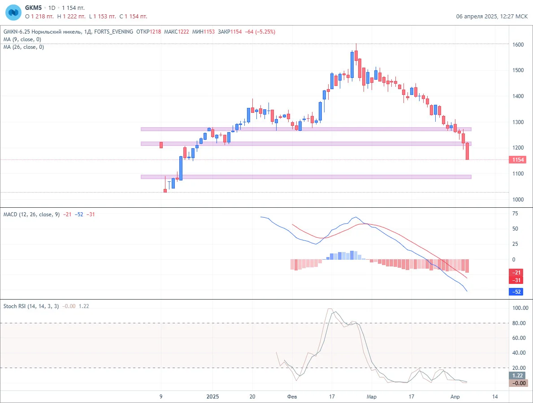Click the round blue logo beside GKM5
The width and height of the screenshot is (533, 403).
[x=13, y=13]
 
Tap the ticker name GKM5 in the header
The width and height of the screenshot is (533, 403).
[x=33, y=8]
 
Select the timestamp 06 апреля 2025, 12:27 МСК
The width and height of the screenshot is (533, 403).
[x=492, y=16]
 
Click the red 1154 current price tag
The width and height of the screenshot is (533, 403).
[x=518, y=159]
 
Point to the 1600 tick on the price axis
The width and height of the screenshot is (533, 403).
[x=518, y=44]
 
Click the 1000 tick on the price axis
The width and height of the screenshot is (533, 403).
[x=518, y=199]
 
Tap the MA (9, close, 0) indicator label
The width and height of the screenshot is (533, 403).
[x=22, y=39]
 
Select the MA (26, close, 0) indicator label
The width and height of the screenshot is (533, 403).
[x=23, y=47]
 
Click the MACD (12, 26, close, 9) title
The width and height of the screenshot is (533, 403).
[x=32, y=214]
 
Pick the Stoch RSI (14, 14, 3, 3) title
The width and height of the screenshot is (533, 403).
[x=31, y=306]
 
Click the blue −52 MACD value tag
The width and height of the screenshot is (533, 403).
[x=516, y=292]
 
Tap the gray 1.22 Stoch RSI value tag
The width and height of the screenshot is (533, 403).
[x=517, y=376]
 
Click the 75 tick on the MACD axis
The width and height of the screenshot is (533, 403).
[x=516, y=214]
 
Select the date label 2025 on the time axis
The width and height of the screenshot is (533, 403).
[x=213, y=397]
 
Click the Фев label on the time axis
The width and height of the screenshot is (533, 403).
[x=292, y=397]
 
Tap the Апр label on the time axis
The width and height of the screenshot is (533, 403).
[x=455, y=397]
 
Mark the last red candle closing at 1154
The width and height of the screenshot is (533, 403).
[x=468, y=151]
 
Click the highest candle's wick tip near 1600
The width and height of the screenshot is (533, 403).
[x=356, y=44]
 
